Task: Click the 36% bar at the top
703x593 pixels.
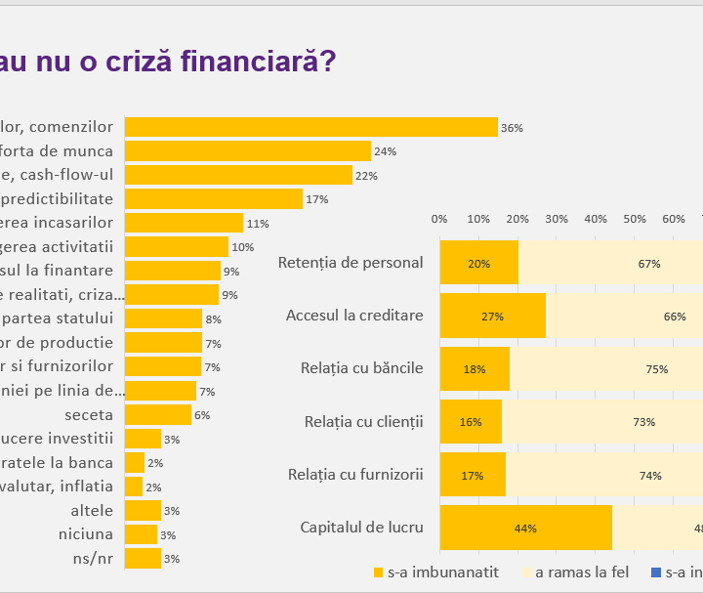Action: (x=310, y=127)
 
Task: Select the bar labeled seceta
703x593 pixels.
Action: (x=158, y=415)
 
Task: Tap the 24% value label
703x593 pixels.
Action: (x=385, y=151)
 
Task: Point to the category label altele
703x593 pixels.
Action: (x=92, y=510)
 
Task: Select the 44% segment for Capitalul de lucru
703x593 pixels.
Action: (x=525, y=528)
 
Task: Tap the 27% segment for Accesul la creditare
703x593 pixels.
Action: (x=492, y=316)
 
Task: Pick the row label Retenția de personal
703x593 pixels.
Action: (x=351, y=262)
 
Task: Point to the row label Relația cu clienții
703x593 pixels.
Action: (x=363, y=421)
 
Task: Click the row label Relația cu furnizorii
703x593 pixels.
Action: (x=355, y=474)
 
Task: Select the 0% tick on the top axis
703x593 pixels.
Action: (x=439, y=219)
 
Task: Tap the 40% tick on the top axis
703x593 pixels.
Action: (x=596, y=219)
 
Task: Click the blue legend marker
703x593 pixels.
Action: (x=655, y=572)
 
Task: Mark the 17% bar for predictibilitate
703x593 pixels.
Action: (x=213, y=199)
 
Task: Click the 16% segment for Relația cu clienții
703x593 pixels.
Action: (x=471, y=422)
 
